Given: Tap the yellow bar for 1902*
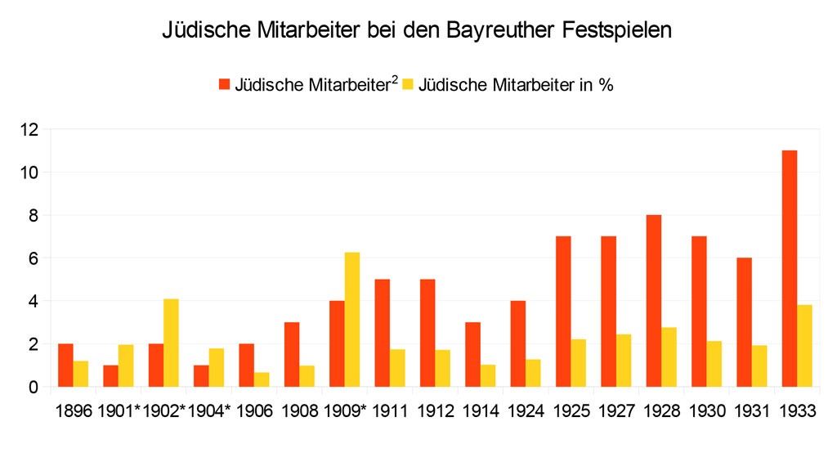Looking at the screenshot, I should click(x=171, y=343).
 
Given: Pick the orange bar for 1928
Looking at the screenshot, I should click(x=654, y=300).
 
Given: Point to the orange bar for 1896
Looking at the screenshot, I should click(x=65, y=365).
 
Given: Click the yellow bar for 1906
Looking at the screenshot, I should click(x=262, y=379).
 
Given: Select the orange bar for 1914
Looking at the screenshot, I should click(x=472, y=354).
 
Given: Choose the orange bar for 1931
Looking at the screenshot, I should click(x=744, y=322).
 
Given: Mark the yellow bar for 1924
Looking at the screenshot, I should click(x=534, y=373).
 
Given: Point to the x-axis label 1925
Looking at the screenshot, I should click(x=572, y=412).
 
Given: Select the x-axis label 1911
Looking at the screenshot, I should click(x=391, y=412).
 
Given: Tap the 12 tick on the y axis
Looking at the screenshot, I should click(x=30, y=130).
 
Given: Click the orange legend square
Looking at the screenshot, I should click(x=225, y=84).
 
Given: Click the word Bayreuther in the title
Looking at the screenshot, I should click(x=501, y=32).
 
